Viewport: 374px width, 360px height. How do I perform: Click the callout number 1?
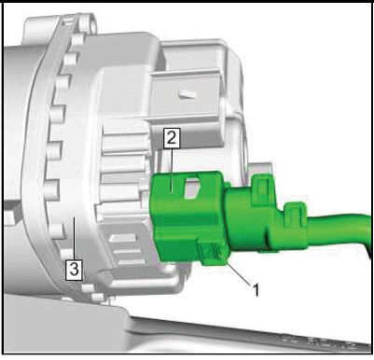[x=256, y=290]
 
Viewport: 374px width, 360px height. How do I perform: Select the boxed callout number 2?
[x=172, y=138]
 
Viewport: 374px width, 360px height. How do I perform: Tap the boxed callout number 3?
[x=74, y=270]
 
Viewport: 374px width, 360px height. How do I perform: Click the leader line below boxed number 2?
[x=172, y=170]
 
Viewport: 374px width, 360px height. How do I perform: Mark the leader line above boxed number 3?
[x=74, y=240]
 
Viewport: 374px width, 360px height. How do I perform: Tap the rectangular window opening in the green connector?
[x=193, y=188]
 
